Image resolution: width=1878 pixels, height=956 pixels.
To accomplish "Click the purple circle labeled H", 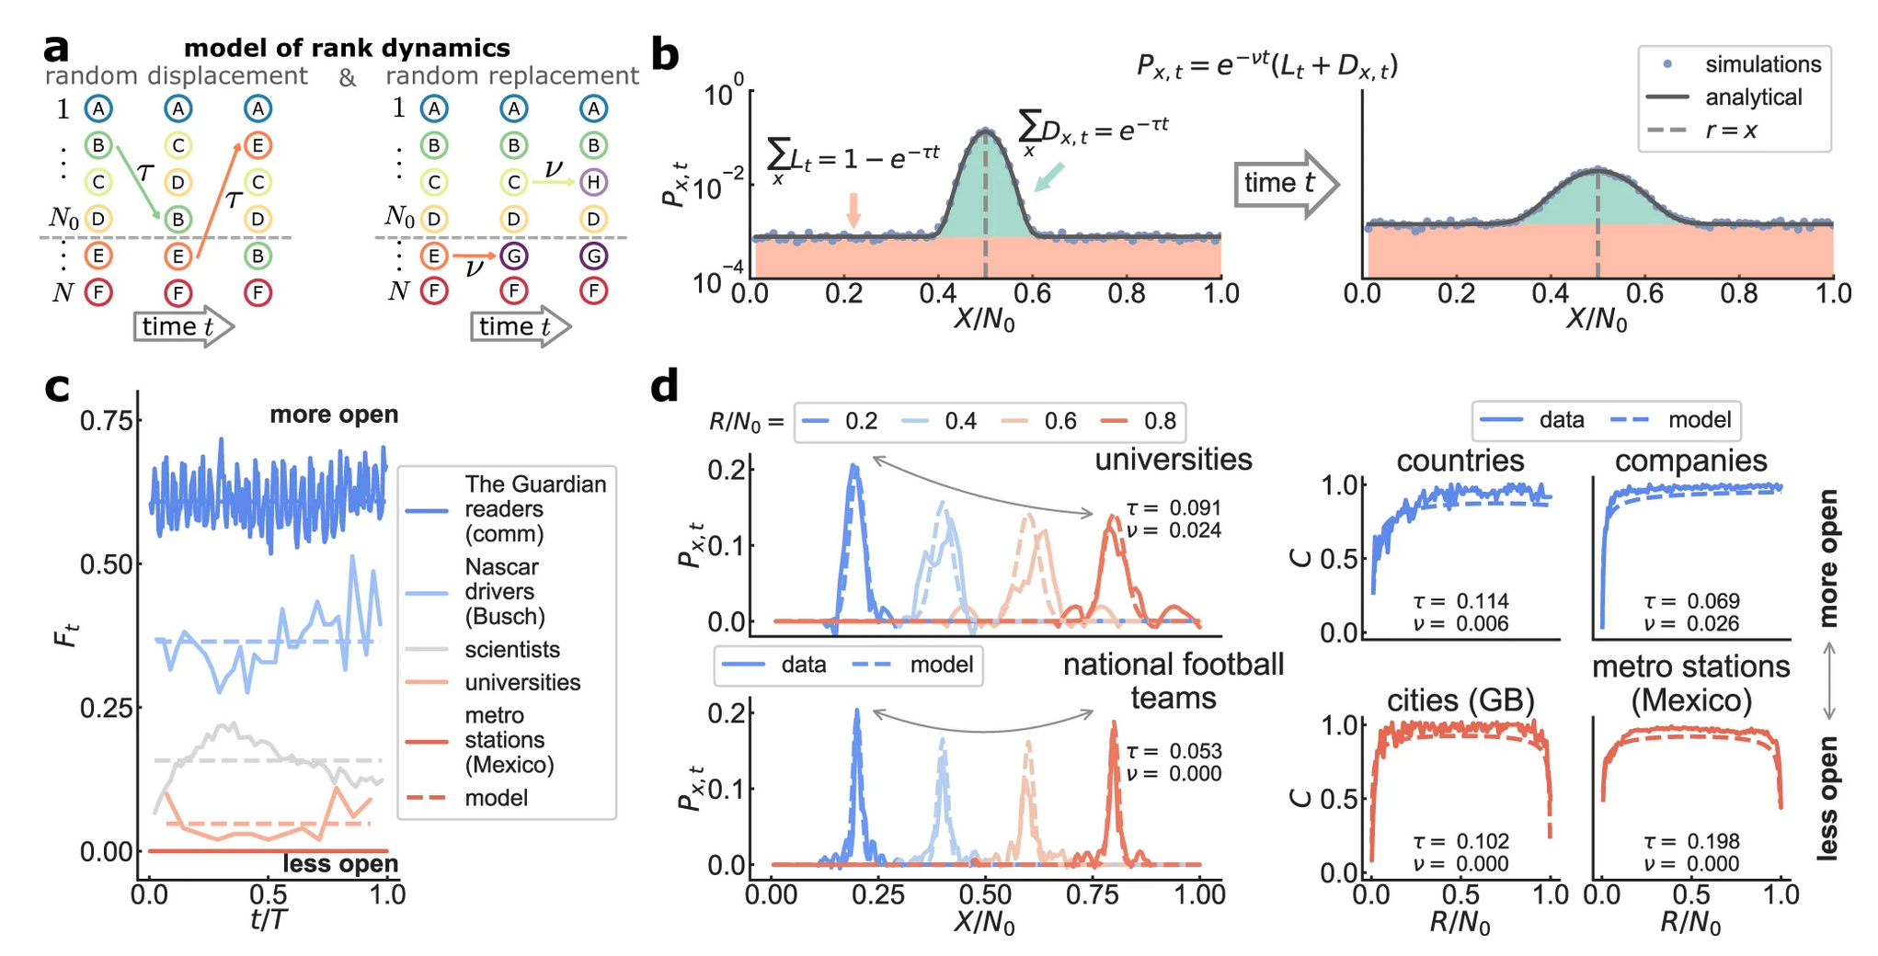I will point(593,182).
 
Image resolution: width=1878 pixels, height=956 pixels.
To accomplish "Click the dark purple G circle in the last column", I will point(593,256).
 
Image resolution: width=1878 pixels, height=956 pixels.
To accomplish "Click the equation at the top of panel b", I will point(1266,65).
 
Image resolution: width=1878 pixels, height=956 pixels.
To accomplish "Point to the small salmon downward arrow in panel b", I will point(853,211).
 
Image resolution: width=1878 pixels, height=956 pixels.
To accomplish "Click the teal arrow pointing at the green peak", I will point(1049,177).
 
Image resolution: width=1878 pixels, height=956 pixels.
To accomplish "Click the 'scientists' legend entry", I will point(511,650).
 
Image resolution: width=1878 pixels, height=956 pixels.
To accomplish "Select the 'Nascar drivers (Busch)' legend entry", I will point(504,591).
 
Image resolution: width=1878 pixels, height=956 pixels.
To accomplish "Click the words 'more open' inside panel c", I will point(334,415).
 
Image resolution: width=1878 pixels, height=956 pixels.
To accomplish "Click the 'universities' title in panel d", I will point(1173,459).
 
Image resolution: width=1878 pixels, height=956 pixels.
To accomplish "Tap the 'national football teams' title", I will point(1173,680).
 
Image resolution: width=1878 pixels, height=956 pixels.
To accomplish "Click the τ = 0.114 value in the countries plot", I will point(1460,601).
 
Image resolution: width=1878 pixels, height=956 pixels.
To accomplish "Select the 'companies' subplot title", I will point(1690,461).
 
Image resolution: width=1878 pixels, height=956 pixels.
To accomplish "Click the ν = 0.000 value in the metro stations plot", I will point(1690,864).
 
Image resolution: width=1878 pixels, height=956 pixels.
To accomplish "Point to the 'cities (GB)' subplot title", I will point(1460,700).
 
